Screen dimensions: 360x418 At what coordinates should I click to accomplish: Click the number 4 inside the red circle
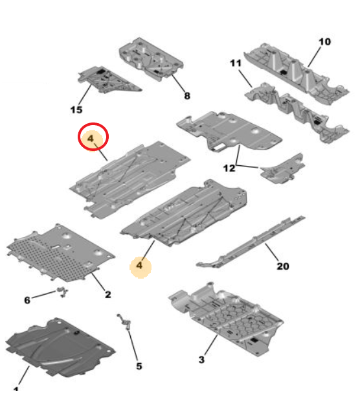click(91, 139)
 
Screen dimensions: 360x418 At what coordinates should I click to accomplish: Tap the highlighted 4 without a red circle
click(139, 266)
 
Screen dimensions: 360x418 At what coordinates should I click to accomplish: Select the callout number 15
click(76, 110)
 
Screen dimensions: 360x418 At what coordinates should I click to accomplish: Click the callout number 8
click(187, 96)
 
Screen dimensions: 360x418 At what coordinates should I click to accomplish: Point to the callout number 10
click(324, 42)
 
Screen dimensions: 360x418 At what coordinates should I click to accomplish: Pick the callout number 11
click(236, 64)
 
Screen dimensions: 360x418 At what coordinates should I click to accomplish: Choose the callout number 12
click(229, 168)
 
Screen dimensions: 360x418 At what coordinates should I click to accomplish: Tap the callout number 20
click(283, 266)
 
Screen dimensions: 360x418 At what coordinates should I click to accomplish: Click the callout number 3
click(201, 360)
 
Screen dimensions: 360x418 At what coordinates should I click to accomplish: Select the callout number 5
click(139, 366)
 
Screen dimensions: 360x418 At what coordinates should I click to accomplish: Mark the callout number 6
click(27, 300)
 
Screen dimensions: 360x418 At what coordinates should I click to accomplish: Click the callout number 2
click(107, 295)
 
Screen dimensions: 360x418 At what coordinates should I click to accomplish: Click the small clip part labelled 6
click(63, 292)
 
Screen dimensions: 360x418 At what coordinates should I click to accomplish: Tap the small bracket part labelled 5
click(124, 321)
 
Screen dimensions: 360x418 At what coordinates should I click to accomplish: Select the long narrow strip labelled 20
click(251, 242)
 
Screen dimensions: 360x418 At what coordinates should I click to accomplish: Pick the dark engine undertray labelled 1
click(60, 347)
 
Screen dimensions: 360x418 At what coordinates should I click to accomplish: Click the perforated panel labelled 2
click(61, 253)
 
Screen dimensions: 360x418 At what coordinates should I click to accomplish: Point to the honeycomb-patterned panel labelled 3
click(227, 319)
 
